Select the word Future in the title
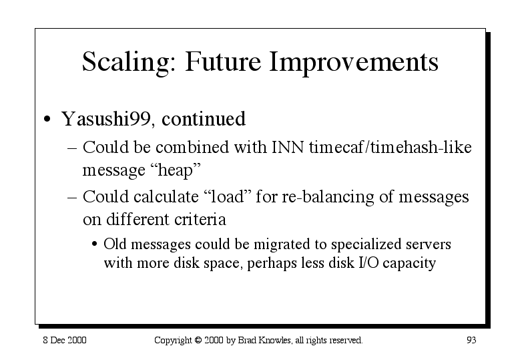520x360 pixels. coord(223,61)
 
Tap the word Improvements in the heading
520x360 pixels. coord(354,63)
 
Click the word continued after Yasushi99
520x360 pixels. coord(204,119)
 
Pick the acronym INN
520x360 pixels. coord(288,148)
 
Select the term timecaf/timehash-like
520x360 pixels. coord(391,147)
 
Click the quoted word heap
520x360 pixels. coord(176,170)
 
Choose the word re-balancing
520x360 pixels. coord(328,198)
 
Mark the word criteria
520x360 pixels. coord(200,219)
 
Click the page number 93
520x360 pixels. coord(471,340)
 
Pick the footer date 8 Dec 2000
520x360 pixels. coord(65,340)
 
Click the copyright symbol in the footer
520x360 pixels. coord(198,341)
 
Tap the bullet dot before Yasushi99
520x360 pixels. coord(47,119)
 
